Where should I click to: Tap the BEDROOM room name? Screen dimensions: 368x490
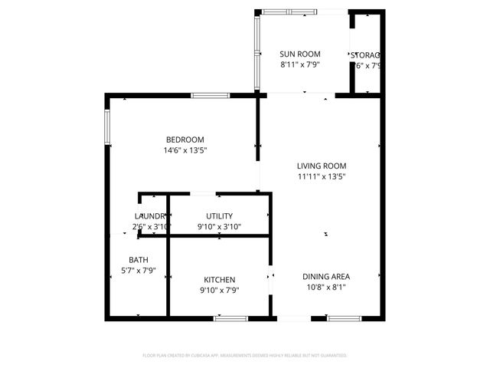pyautogui.click(x=185, y=140)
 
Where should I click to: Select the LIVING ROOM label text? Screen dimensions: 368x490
pyautogui.click(x=322, y=166)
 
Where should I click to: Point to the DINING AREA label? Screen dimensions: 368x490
pyautogui.click(x=326, y=277)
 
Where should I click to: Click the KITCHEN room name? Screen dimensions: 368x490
pyautogui.click(x=219, y=280)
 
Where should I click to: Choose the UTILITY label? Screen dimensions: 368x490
pyautogui.click(x=219, y=216)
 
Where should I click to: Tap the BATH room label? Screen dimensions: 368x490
pyautogui.click(x=139, y=260)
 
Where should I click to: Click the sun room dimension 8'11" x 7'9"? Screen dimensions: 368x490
pyautogui.click(x=299, y=65)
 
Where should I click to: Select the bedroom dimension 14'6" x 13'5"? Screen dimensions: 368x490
pyautogui.click(x=185, y=150)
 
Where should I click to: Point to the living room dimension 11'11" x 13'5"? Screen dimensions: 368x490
pyautogui.click(x=322, y=176)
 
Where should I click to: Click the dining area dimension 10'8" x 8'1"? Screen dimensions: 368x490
pyautogui.click(x=326, y=287)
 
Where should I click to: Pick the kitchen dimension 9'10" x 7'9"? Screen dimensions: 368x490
pyautogui.click(x=219, y=291)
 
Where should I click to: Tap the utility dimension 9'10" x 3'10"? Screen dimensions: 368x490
pyautogui.click(x=219, y=227)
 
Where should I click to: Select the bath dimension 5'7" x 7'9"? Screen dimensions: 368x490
pyautogui.click(x=139, y=271)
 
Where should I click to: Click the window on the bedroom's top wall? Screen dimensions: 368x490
pyautogui.click(x=210, y=95)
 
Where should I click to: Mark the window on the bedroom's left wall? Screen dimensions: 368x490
pyautogui.click(x=107, y=127)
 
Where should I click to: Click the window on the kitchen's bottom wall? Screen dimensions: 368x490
pyautogui.click(x=230, y=317)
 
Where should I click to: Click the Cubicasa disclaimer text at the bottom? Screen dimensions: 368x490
pyautogui.click(x=245, y=356)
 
